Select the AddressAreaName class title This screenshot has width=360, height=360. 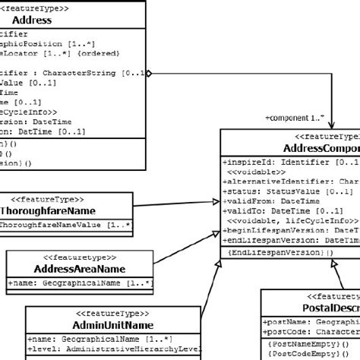pos(79,269)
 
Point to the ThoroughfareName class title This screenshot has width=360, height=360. pos(46,210)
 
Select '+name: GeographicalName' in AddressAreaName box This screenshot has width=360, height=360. pos(81,283)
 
